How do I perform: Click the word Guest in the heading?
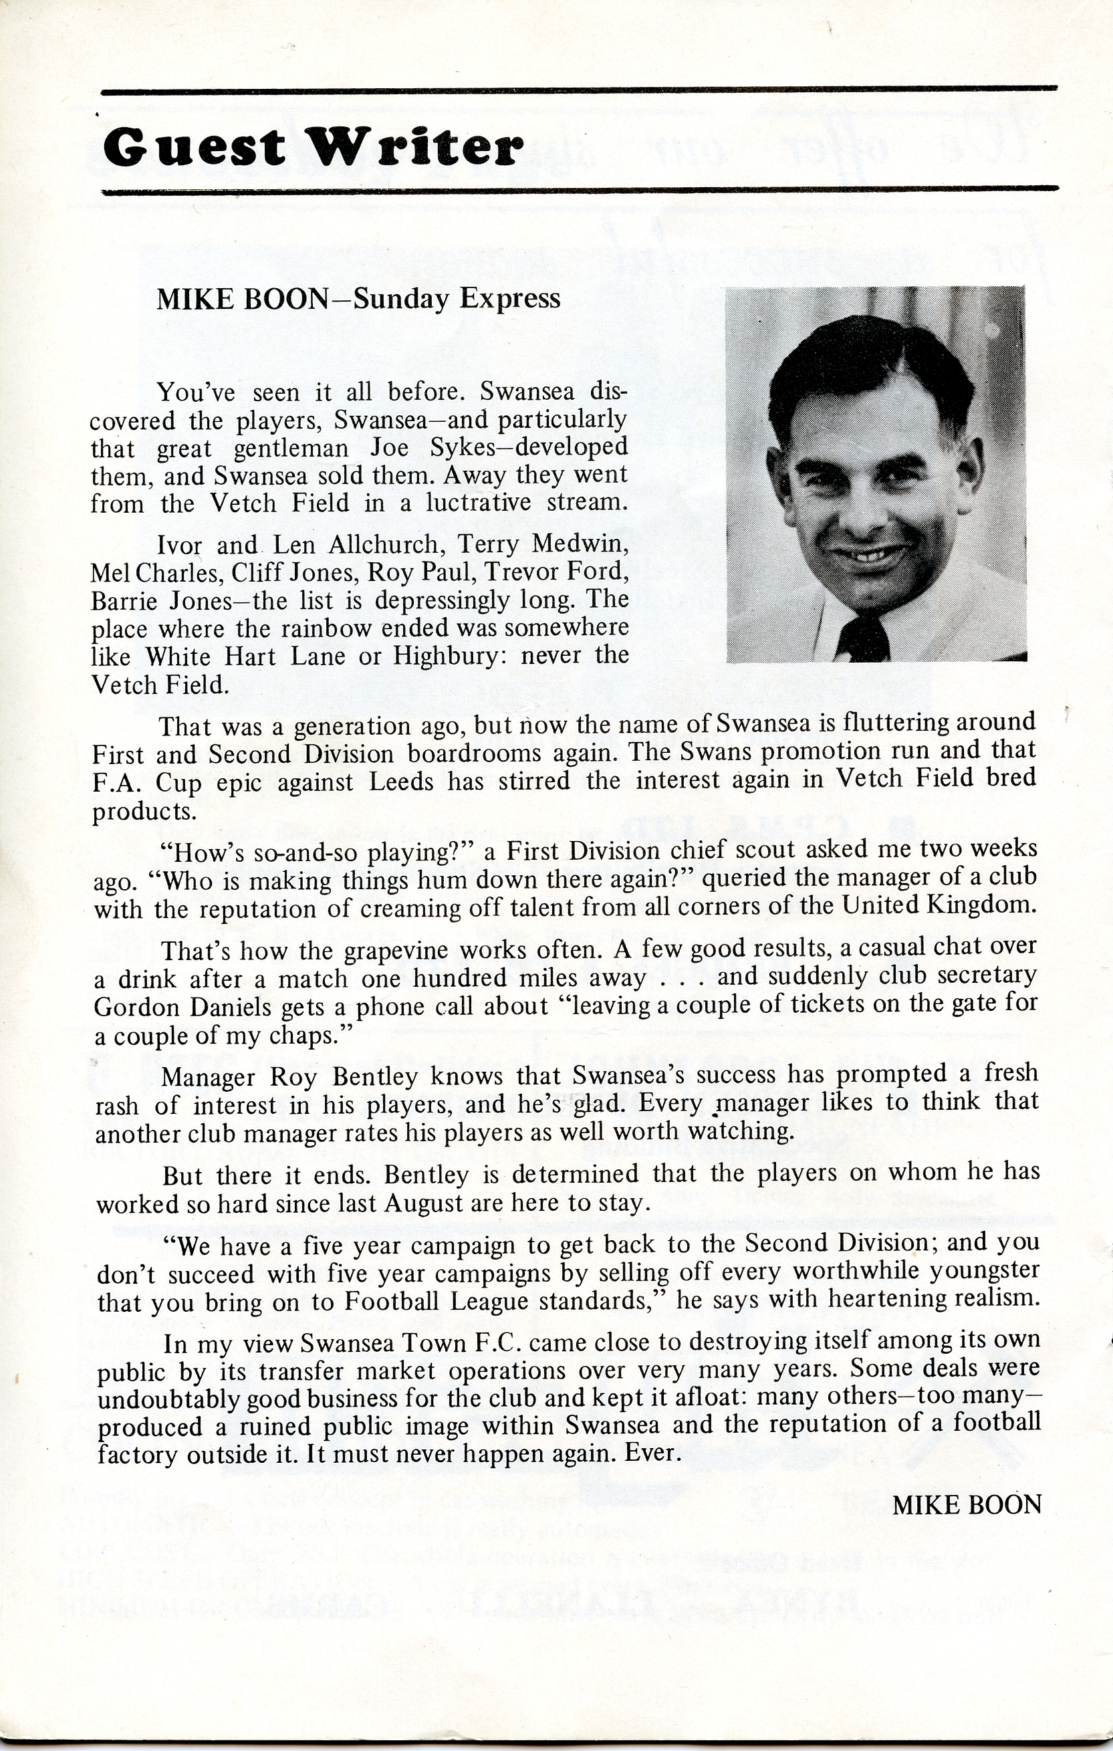point(195,146)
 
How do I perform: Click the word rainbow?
point(327,628)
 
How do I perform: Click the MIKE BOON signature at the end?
point(966,1505)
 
